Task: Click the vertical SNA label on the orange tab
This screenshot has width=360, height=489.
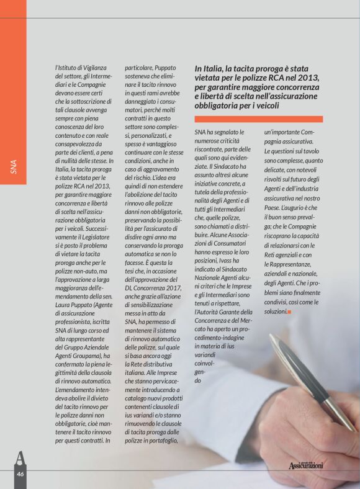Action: point(13,167)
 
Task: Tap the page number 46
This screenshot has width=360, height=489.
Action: point(20,473)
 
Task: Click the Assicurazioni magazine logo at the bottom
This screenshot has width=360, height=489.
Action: point(306,465)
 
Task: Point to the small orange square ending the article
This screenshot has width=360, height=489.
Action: point(290,310)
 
